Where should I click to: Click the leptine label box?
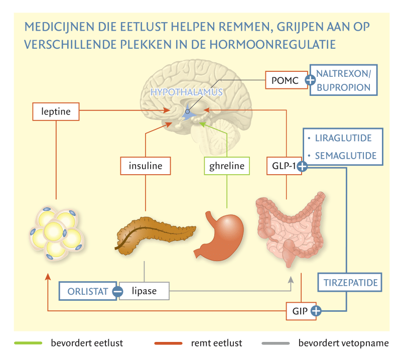click(x=55, y=111)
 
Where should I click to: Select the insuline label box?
click(x=145, y=166)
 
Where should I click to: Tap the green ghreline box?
click(x=226, y=166)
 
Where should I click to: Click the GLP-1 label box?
click(x=283, y=166)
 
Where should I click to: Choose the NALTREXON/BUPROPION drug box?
click(x=343, y=80)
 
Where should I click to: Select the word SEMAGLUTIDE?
click(x=345, y=156)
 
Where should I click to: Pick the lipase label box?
click(x=144, y=291)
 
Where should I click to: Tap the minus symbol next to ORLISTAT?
click(x=117, y=291)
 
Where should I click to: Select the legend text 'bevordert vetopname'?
click(x=343, y=343)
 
